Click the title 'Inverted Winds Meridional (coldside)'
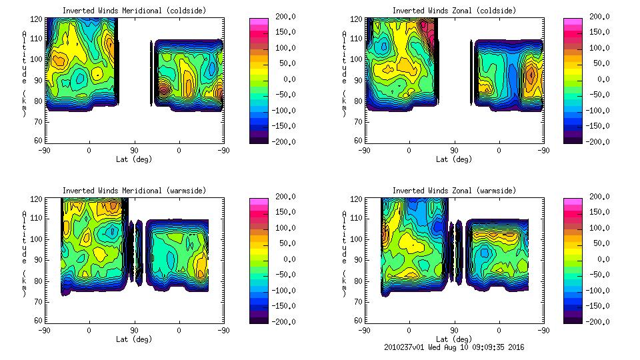click(x=134, y=11)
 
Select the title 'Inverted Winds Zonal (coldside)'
click(x=454, y=11)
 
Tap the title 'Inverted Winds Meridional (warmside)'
click(x=134, y=191)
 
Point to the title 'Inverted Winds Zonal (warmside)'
click(x=454, y=191)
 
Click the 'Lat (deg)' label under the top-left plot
click(x=134, y=159)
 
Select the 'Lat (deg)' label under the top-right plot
click(x=454, y=159)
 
